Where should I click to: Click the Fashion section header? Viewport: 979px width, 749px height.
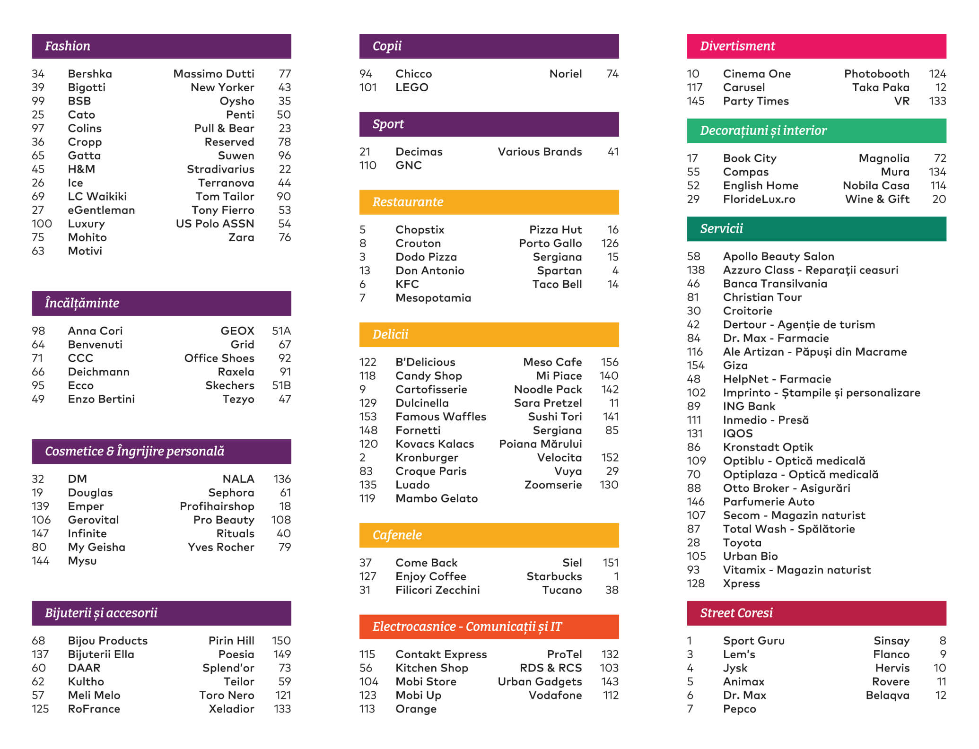tap(161, 46)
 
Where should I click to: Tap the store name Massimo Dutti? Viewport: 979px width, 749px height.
tap(213, 74)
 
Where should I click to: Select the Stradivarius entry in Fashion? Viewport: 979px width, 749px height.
tap(220, 169)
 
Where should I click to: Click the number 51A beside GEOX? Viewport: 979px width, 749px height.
tap(281, 331)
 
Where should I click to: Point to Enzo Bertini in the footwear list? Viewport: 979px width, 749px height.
tap(101, 399)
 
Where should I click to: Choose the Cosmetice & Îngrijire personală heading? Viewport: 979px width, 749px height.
tap(161, 452)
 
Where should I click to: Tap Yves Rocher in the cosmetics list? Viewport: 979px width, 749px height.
tap(221, 547)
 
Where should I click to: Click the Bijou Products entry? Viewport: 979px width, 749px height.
tap(108, 641)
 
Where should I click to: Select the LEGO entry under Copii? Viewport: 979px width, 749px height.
tap(411, 87)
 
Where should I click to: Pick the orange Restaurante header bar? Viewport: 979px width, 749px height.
tap(489, 202)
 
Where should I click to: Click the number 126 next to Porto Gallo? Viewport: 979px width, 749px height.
tap(609, 244)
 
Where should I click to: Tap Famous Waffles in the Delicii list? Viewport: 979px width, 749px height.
tap(441, 417)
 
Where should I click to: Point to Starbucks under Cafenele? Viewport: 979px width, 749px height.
tap(554, 576)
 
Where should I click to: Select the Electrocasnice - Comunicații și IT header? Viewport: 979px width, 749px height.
tap(489, 627)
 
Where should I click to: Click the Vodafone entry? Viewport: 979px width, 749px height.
tap(555, 695)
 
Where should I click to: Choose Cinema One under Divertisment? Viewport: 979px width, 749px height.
tap(757, 74)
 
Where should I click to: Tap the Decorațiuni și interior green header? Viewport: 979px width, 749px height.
tap(816, 131)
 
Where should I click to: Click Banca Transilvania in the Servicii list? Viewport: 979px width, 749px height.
tap(775, 284)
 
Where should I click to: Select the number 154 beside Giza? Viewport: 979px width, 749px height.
tap(695, 366)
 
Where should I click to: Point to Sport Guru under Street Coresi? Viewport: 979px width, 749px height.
tap(753, 641)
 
